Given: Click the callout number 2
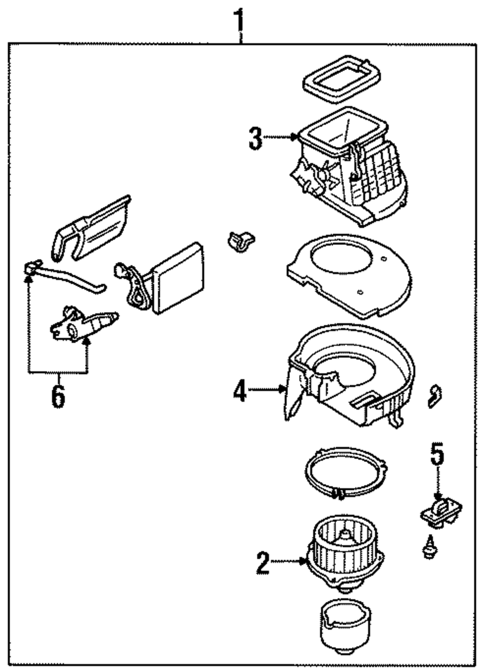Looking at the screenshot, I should pos(262,563).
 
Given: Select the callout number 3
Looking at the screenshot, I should pos(256,138).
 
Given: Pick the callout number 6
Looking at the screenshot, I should pos(58,397).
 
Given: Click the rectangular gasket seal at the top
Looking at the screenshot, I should pos(341,79).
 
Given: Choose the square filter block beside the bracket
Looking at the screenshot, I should pos(178,277).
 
